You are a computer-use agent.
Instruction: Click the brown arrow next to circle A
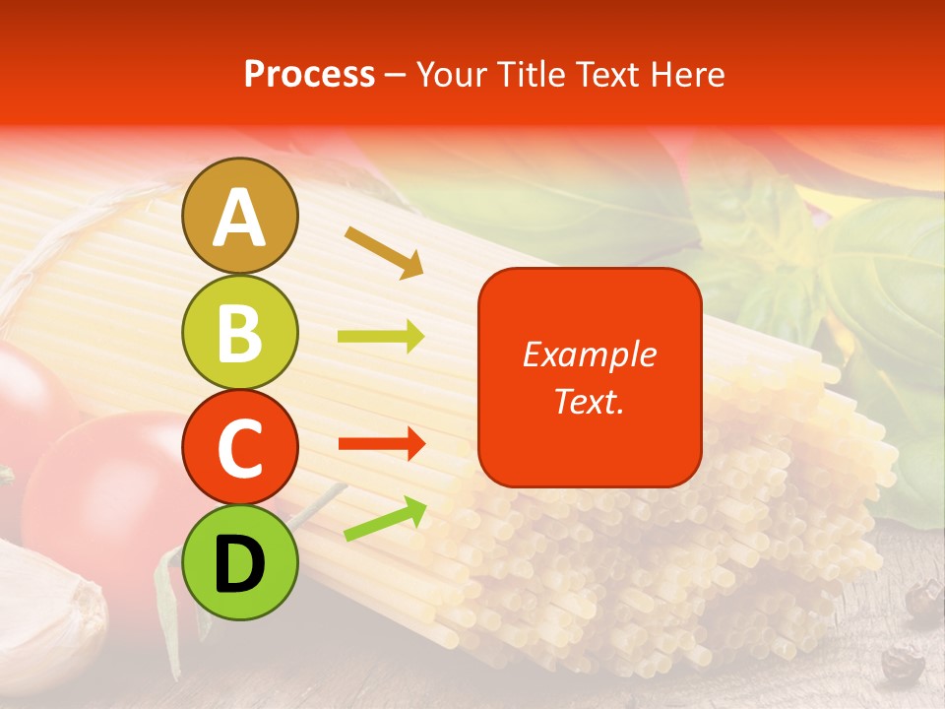pyautogui.click(x=384, y=251)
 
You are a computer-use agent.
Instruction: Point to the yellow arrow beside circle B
pyautogui.click(x=381, y=337)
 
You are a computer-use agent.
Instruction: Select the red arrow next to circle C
pyautogui.click(x=381, y=444)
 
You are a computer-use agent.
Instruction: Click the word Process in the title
pyautogui.click(x=309, y=74)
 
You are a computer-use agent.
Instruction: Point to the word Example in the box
pyautogui.click(x=589, y=354)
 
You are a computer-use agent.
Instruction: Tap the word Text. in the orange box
pyautogui.click(x=589, y=401)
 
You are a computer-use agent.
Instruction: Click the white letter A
pyautogui.click(x=239, y=218)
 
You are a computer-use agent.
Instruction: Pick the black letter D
pyautogui.click(x=239, y=564)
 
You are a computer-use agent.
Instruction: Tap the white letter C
pyautogui.click(x=239, y=448)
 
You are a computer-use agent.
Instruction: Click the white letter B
pyautogui.click(x=239, y=333)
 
